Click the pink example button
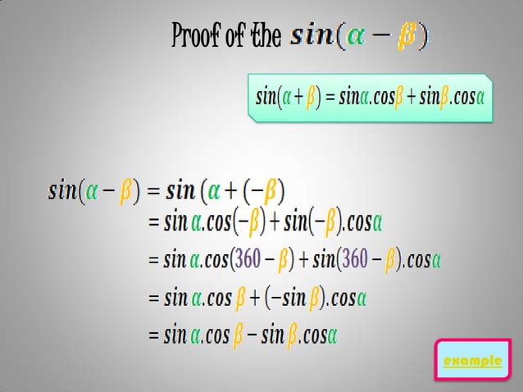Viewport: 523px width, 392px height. click(x=471, y=361)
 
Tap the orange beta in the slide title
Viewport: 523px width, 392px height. click(x=405, y=36)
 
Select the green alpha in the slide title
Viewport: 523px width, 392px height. click(x=356, y=36)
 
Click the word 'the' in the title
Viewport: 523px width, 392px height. click(x=264, y=36)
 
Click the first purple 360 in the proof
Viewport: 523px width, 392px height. click(x=248, y=260)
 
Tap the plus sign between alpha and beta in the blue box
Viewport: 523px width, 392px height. click(x=292, y=98)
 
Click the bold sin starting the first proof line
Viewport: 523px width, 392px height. click(x=62, y=192)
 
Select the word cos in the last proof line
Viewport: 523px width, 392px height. click(x=217, y=335)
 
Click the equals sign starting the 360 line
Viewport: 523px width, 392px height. click(x=153, y=261)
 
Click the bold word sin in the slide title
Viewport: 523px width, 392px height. click(x=312, y=36)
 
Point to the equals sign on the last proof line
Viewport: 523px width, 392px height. click(x=153, y=335)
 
